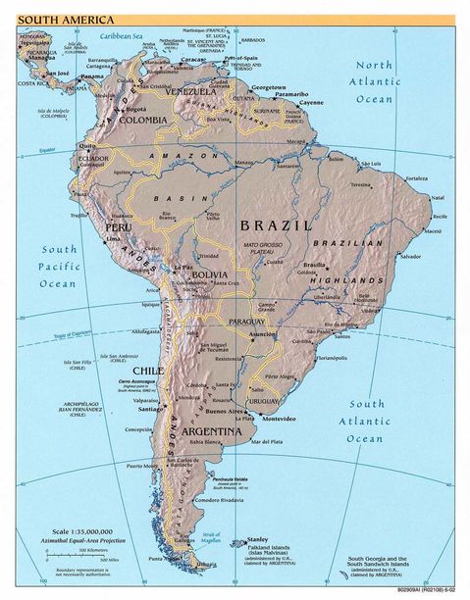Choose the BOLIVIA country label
point(212,275)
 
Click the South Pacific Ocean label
point(58,265)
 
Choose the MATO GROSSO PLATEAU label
point(265,249)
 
